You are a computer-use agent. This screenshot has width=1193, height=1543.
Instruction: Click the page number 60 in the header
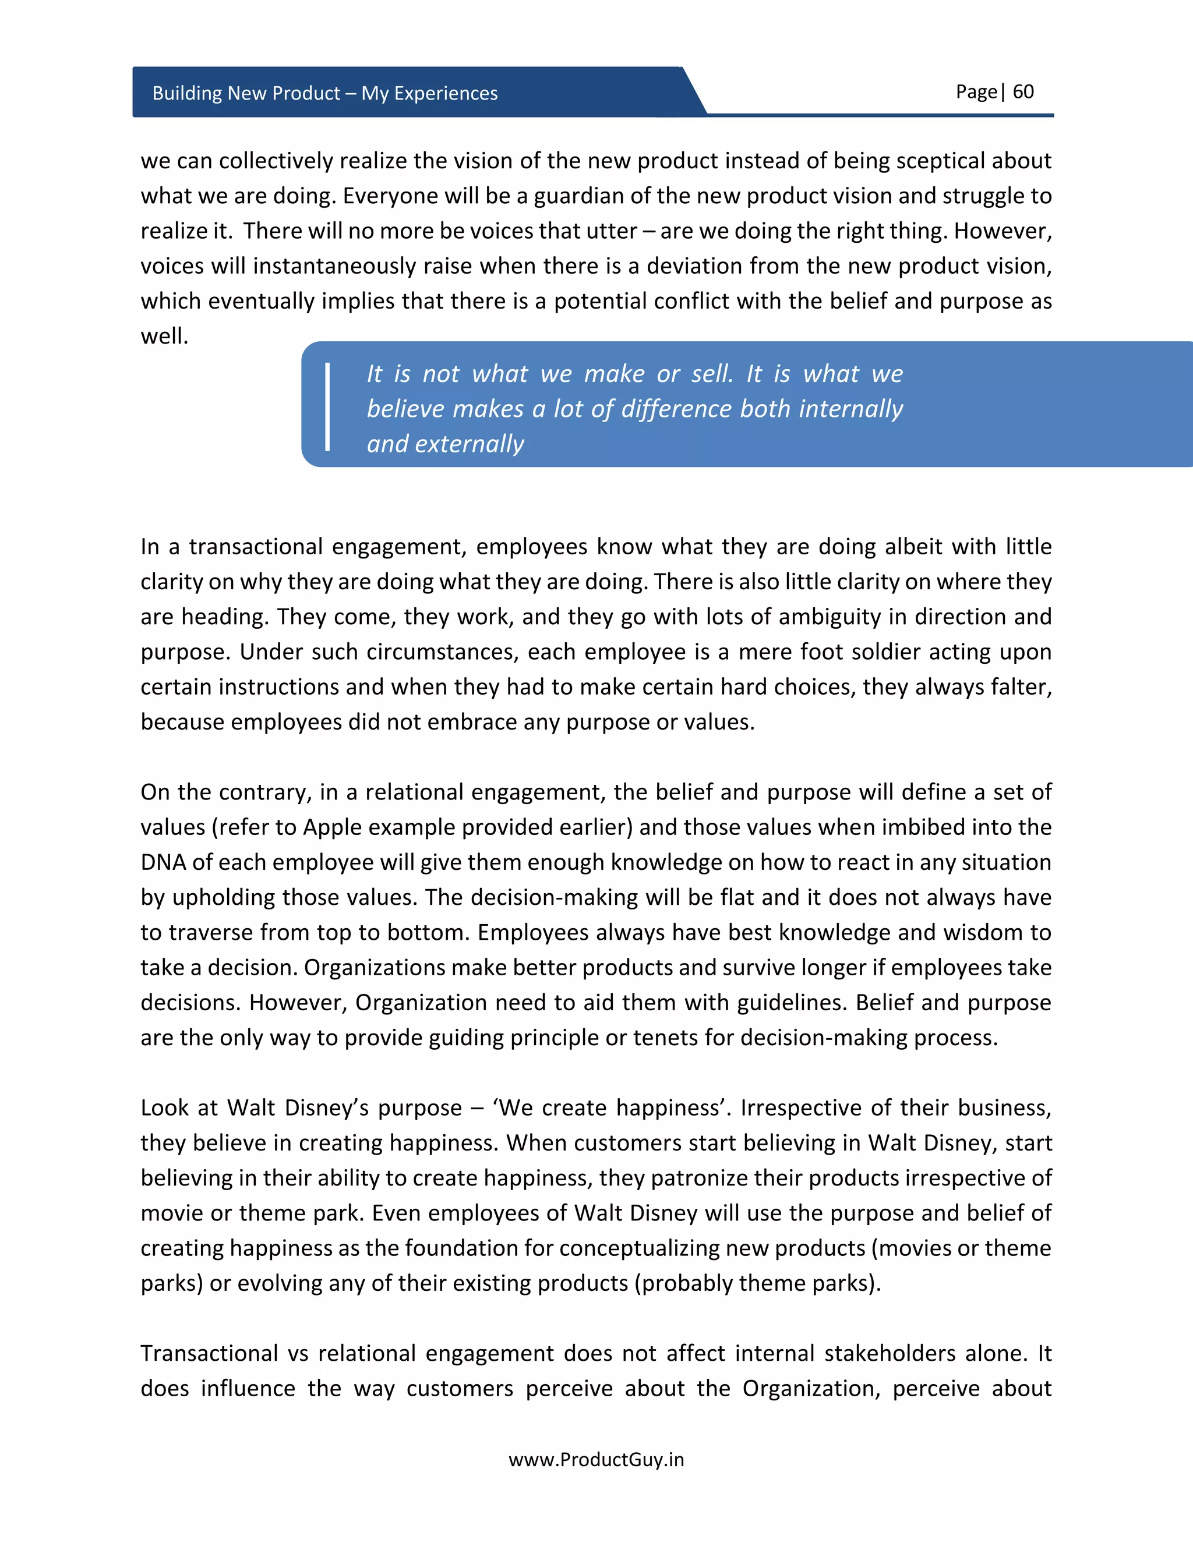pos(1023,92)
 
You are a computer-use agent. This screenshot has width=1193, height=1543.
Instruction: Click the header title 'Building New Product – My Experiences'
pos(324,93)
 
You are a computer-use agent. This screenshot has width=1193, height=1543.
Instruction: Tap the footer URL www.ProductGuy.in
pos(596,1460)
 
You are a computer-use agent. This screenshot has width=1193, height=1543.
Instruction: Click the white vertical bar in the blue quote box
pos(327,407)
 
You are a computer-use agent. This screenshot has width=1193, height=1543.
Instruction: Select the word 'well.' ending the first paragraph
pos(164,337)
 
